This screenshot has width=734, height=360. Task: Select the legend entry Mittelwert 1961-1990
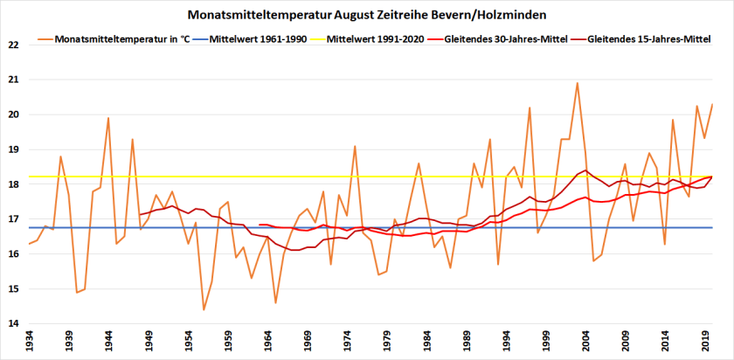259,40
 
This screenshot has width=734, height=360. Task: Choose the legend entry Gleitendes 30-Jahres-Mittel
507,40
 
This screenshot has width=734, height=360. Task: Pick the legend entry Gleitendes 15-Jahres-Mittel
650,40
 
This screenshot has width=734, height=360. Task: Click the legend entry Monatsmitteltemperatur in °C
122,40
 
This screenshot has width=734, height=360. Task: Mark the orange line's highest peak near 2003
577,83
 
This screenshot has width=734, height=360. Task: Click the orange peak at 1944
108,118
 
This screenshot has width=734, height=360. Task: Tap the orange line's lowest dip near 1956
204,309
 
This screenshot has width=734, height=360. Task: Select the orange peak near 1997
530,107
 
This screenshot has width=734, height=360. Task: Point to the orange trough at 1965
275,302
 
